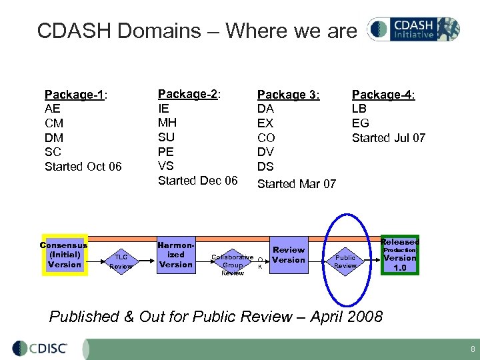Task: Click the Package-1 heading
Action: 76,95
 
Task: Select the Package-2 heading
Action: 189,94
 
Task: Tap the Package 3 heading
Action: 289,95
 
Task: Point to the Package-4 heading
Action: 383,95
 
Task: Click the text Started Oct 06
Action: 83,166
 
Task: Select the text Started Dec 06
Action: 197,181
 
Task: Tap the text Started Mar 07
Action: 297,183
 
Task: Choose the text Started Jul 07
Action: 389,138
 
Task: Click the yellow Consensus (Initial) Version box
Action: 64,255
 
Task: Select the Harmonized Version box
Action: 176,255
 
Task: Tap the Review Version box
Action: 289,255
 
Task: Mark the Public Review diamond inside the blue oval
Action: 345,261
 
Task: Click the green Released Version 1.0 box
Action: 399,255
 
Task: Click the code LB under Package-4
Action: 359,109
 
